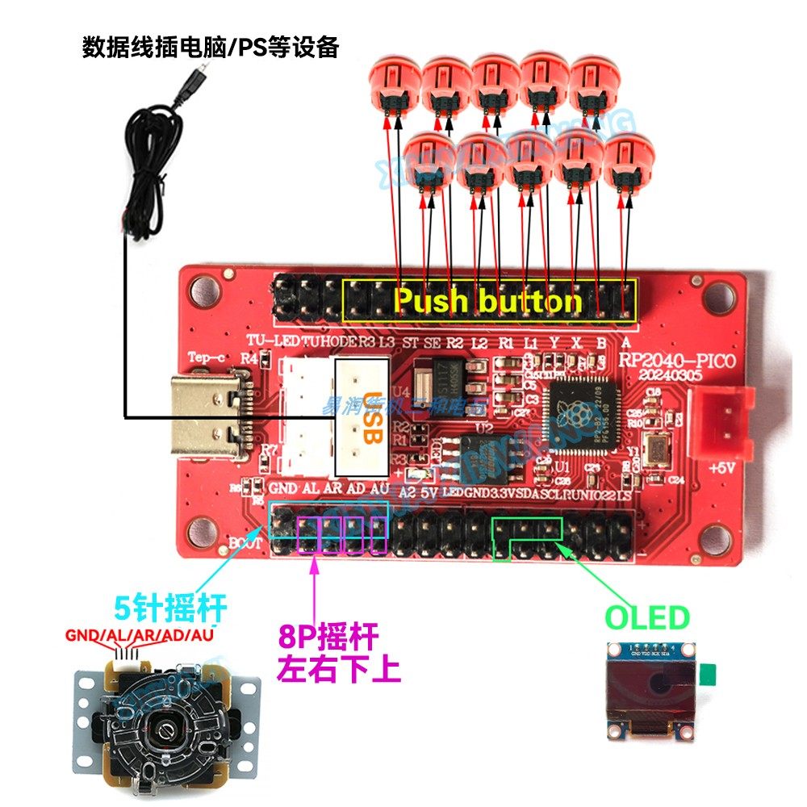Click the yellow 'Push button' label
coord(487,301)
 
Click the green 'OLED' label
coord(648,619)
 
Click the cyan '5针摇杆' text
coord(169,605)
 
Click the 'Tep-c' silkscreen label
coord(205,357)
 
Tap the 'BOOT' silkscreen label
coord(240,542)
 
